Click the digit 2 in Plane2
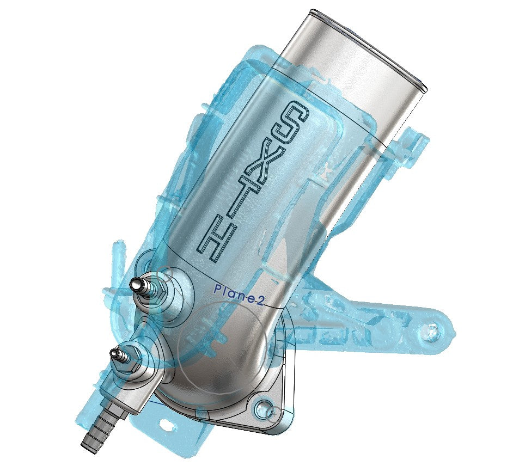(260, 303)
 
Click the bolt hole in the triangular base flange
(264, 407)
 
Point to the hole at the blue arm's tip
(433, 328)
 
